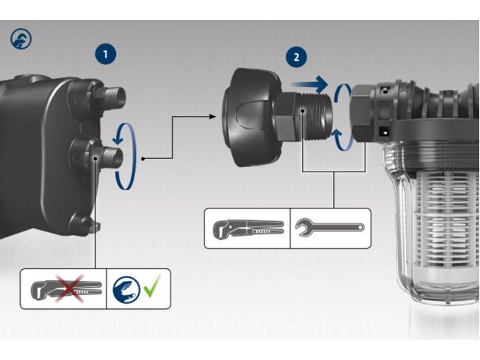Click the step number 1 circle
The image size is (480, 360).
(x=106, y=54)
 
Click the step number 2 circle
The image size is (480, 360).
(x=296, y=57)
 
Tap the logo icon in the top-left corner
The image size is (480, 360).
(x=21, y=38)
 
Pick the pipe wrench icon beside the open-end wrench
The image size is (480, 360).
(x=247, y=228)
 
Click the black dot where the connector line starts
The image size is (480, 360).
(x=142, y=158)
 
